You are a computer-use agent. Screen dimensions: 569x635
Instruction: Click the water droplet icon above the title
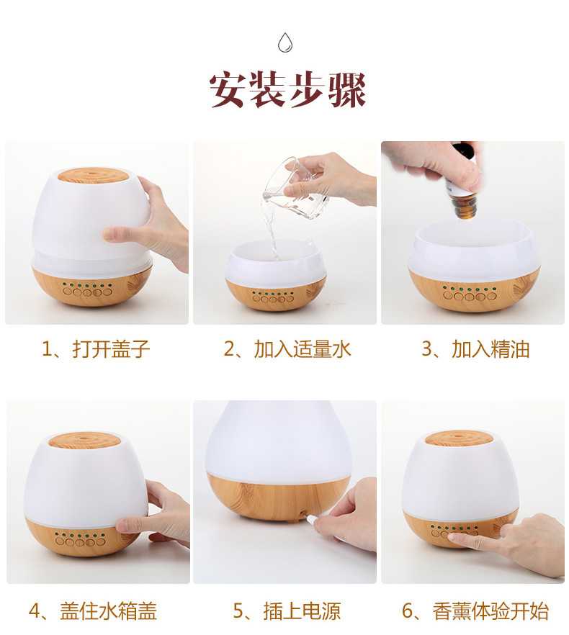click(285, 42)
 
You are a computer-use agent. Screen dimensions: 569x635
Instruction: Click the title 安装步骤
click(287, 90)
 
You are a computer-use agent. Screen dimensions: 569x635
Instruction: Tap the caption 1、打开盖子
click(96, 348)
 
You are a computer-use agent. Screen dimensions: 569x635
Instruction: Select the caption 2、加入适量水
click(287, 348)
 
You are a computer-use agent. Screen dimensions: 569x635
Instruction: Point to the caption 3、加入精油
click(475, 348)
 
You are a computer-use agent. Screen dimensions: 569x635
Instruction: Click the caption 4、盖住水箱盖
click(93, 611)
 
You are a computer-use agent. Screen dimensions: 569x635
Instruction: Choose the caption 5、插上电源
click(287, 611)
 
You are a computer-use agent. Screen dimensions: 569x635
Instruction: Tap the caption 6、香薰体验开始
click(475, 611)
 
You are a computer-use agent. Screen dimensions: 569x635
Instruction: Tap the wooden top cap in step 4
click(84, 440)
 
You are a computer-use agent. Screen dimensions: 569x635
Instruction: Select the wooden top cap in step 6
click(461, 438)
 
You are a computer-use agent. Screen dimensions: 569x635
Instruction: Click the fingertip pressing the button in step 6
click(453, 536)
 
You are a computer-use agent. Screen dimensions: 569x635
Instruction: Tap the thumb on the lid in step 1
click(117, 234)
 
